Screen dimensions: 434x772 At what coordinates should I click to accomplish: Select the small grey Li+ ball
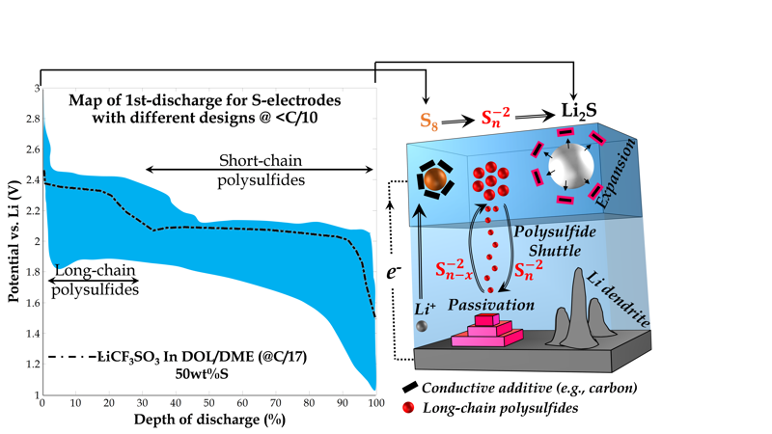422,328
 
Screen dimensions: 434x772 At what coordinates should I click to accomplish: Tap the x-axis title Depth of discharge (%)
209,420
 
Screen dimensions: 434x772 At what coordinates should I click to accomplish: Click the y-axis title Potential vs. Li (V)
13,241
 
